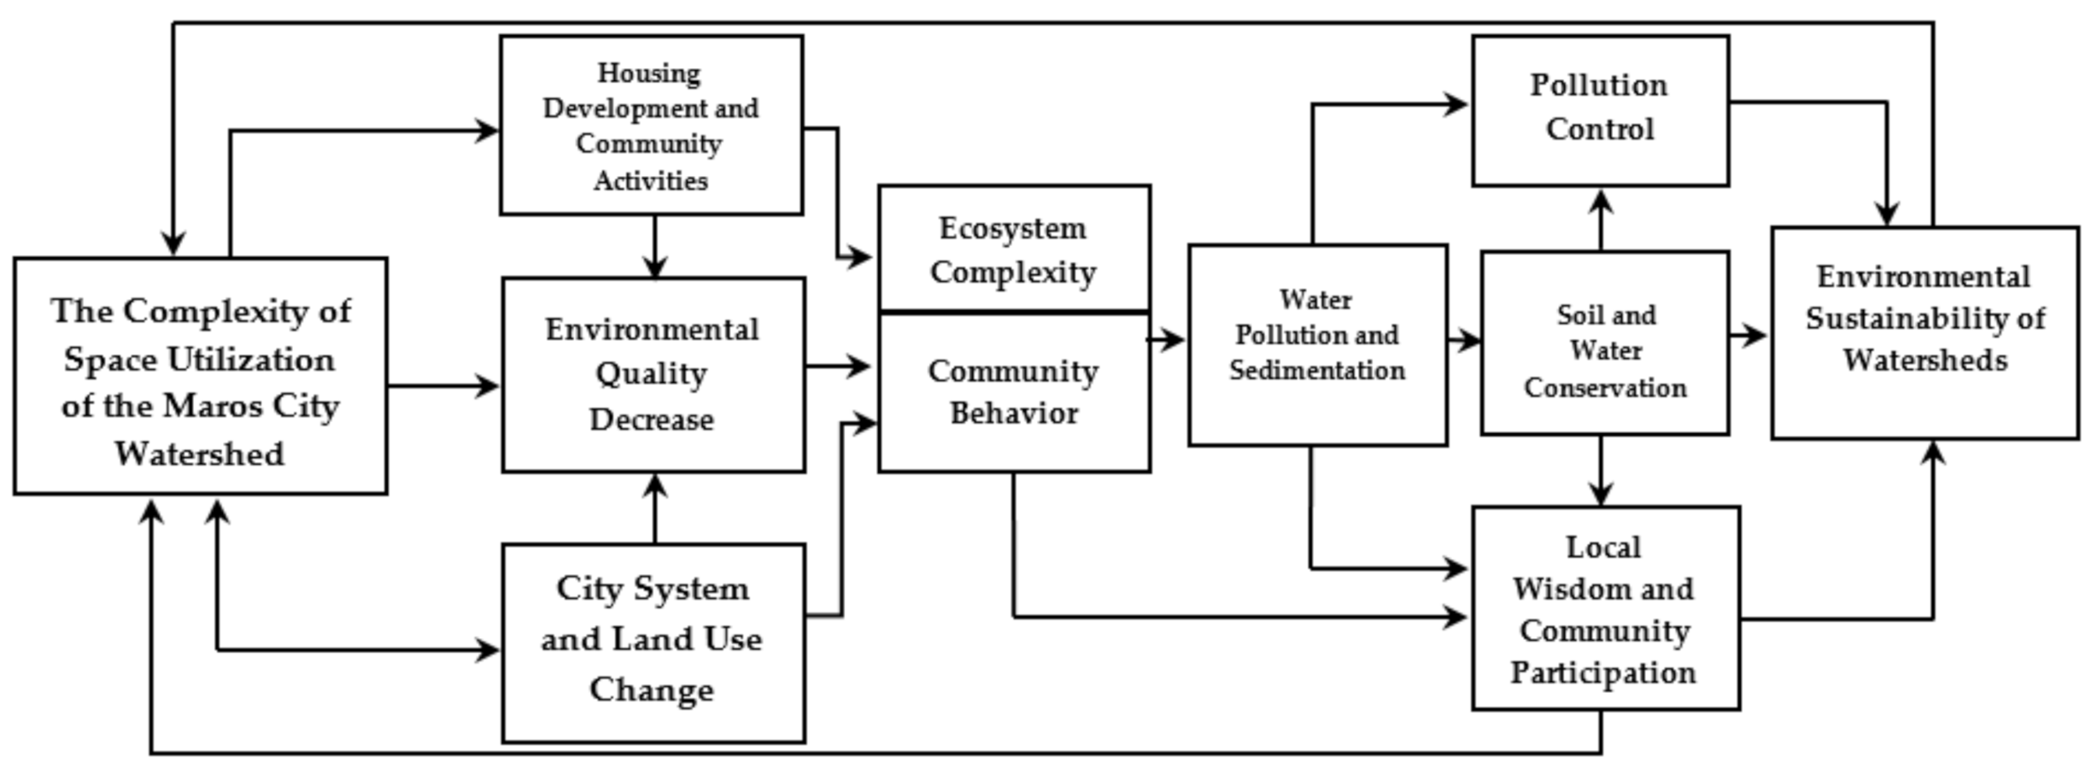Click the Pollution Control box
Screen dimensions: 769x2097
point(1600,109)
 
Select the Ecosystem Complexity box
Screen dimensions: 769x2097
point(1014,249)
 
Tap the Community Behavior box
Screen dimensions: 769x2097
point(1014,392)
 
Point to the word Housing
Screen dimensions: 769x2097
point(649,73)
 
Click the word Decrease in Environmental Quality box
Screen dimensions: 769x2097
point(652,420)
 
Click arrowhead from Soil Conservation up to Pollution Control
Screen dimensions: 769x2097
point(1602,202)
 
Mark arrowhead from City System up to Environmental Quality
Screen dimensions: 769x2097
point(655,485)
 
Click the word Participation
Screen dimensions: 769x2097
point(1603,672)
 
